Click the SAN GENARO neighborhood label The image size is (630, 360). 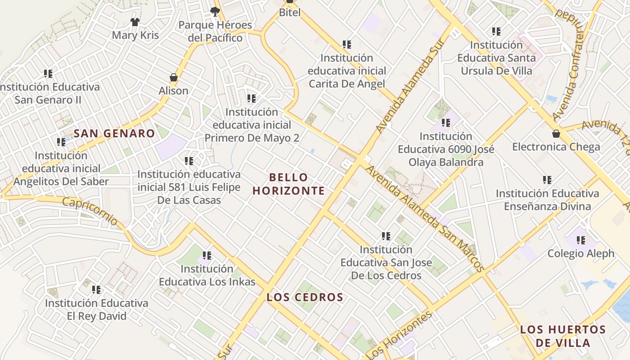tap(114, 133)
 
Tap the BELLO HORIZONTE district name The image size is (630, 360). tap(288, 184)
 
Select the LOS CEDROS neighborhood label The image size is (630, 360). tap(305, 297)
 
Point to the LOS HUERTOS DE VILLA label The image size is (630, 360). tap(563, 336)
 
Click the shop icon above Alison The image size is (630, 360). tap(174, 77)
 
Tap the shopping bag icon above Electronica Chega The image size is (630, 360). tap(556, 134)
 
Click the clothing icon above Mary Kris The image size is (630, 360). tap(135, 22)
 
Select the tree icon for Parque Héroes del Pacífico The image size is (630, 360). tap(215, 11)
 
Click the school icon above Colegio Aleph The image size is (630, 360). tap(581, 240)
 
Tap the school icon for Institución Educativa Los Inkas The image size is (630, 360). tap(207, 256)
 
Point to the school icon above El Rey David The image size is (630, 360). tap(96, 290)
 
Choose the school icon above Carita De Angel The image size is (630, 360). tap(347, 45)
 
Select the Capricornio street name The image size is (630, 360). tap(90, 211)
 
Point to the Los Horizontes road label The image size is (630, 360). tap(400, 335)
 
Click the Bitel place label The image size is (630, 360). tap(290, 12)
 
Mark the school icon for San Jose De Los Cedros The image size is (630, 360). tap(386, 236)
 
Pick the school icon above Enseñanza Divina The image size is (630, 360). tap(547, 180)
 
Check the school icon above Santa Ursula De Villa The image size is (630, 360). tap(496, 31)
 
